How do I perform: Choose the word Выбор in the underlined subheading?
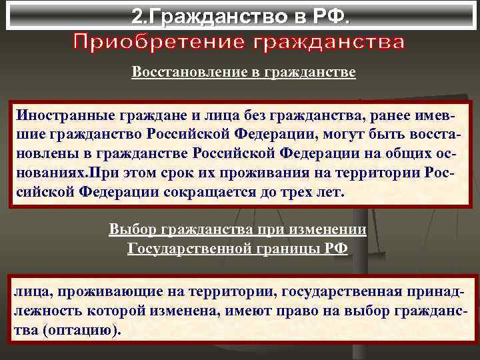[x=131, y=230]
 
